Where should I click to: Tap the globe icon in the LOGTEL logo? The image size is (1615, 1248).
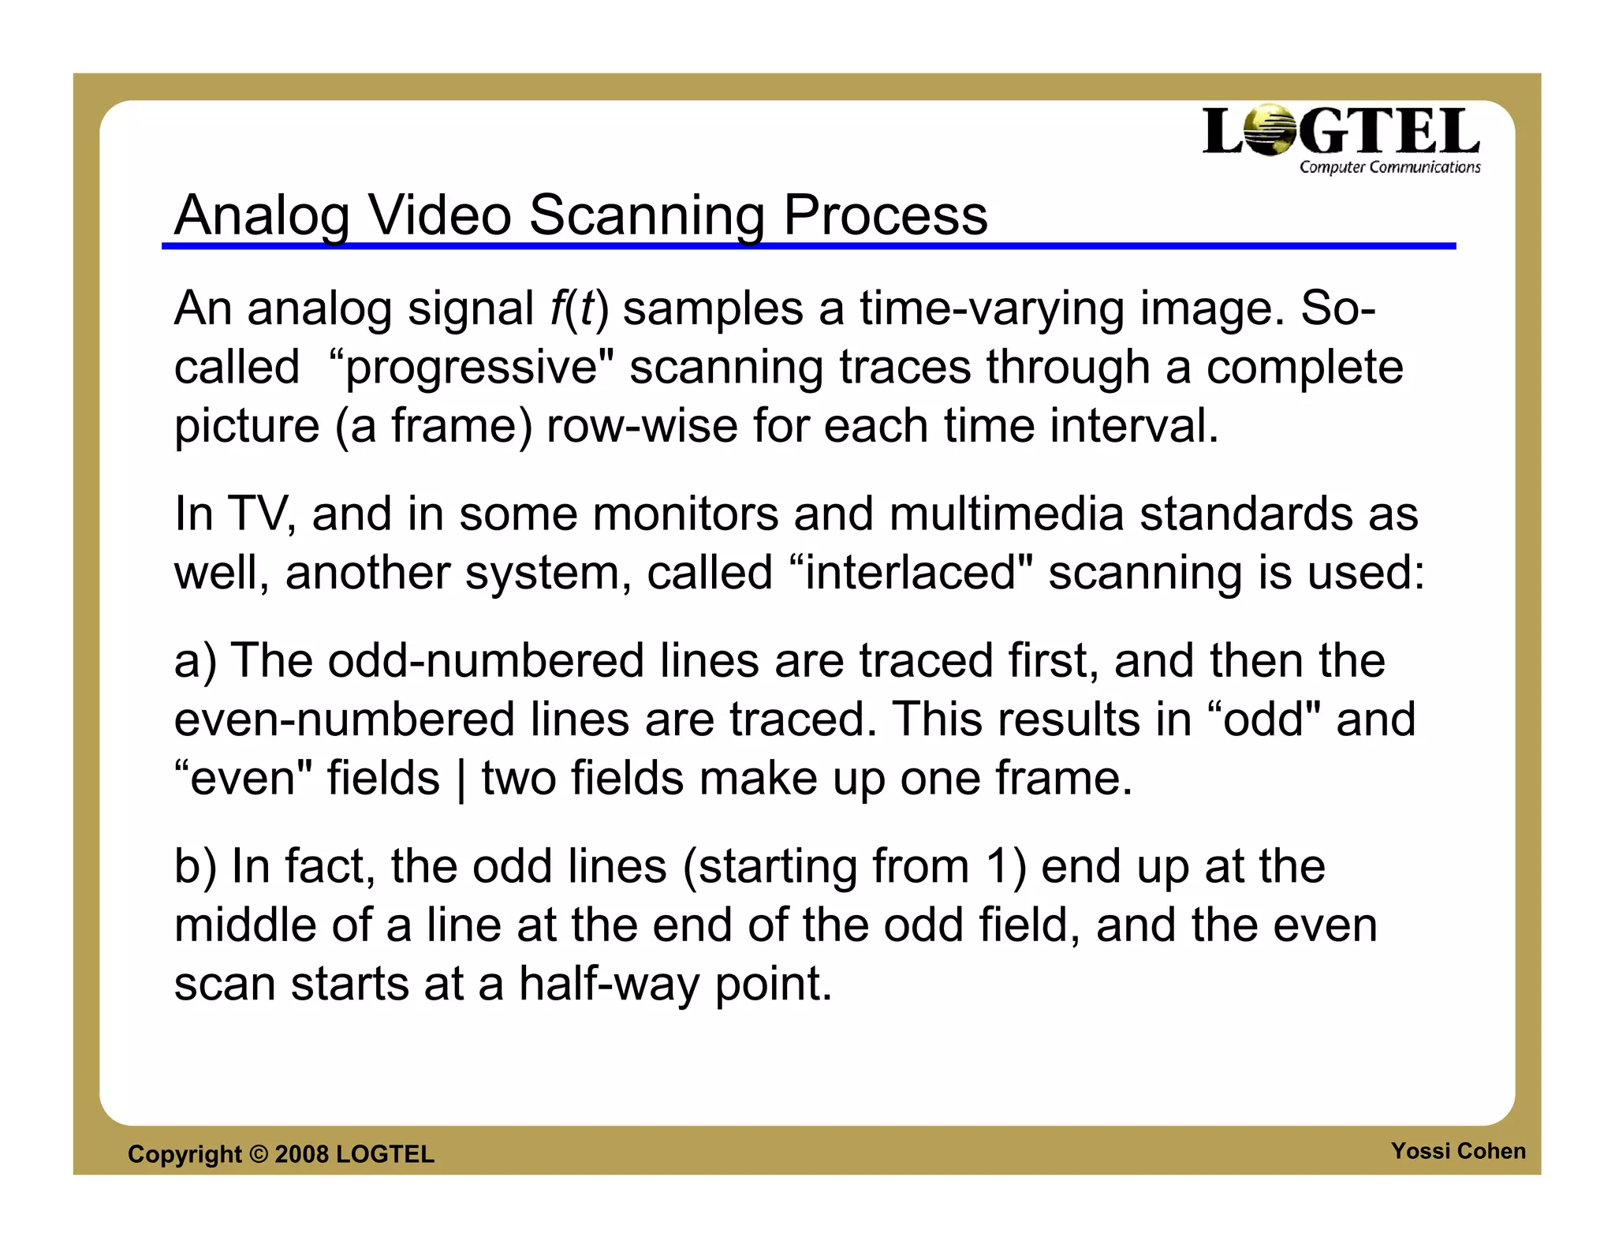click(x=1270, y=130)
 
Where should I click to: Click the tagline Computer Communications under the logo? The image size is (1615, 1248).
click(x=1389, y=167)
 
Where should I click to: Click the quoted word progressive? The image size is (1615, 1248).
click(x=471, y=368)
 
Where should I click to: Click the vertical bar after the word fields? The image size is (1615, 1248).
click(x=461, y=779)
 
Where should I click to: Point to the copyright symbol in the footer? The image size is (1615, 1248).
click(x=258, y=1154)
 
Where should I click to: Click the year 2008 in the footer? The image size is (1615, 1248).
click(x=301, y=1154)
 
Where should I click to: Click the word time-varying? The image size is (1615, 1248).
click(x=991, y=308)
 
